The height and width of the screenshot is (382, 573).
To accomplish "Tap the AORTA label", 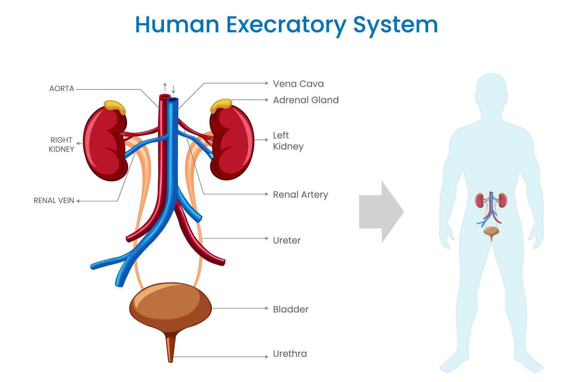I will pos(61,89).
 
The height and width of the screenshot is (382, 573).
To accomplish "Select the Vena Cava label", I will pos(298,84).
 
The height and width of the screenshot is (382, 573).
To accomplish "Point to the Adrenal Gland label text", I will pos(306,100).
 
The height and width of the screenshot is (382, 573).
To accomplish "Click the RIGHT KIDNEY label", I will pos(61,144).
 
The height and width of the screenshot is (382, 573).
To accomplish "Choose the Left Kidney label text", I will pos(288,141).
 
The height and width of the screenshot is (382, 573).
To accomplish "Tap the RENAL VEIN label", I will pos(54,201).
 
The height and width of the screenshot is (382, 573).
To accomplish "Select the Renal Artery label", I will pos(300,195).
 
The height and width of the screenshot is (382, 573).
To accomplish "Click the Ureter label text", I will pos(286,240).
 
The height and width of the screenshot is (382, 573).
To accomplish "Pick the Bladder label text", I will pos(290,309).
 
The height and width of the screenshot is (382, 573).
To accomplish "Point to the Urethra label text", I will pos(290,354).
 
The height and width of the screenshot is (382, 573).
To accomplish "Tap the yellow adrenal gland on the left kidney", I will pos(221,105).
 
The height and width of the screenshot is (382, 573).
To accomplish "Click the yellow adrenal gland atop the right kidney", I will pos(115,107).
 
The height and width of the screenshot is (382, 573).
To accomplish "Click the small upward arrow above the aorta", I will pos(165,87).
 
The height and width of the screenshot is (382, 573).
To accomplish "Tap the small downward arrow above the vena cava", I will pos(173,89).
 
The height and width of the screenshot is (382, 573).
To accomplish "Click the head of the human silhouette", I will pos(491,90).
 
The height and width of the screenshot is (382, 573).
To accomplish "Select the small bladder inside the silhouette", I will pos(491,231).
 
